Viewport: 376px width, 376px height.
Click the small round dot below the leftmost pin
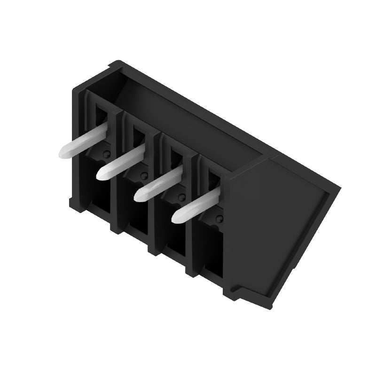click(107, 154)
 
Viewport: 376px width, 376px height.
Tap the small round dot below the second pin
click(144, 175)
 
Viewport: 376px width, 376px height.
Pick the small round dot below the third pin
click(181, 197)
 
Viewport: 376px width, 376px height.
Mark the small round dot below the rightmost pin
click(218, 219)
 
